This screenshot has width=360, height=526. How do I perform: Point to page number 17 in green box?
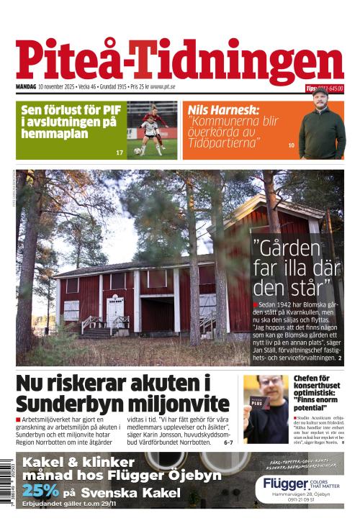click(120, 153)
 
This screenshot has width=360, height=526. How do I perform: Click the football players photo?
click(152, 130)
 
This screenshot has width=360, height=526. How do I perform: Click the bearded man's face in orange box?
click(321, 114)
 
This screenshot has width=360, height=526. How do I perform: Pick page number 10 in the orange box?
click(291, 146)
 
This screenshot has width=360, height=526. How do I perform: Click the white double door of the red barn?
click(116, 311)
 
